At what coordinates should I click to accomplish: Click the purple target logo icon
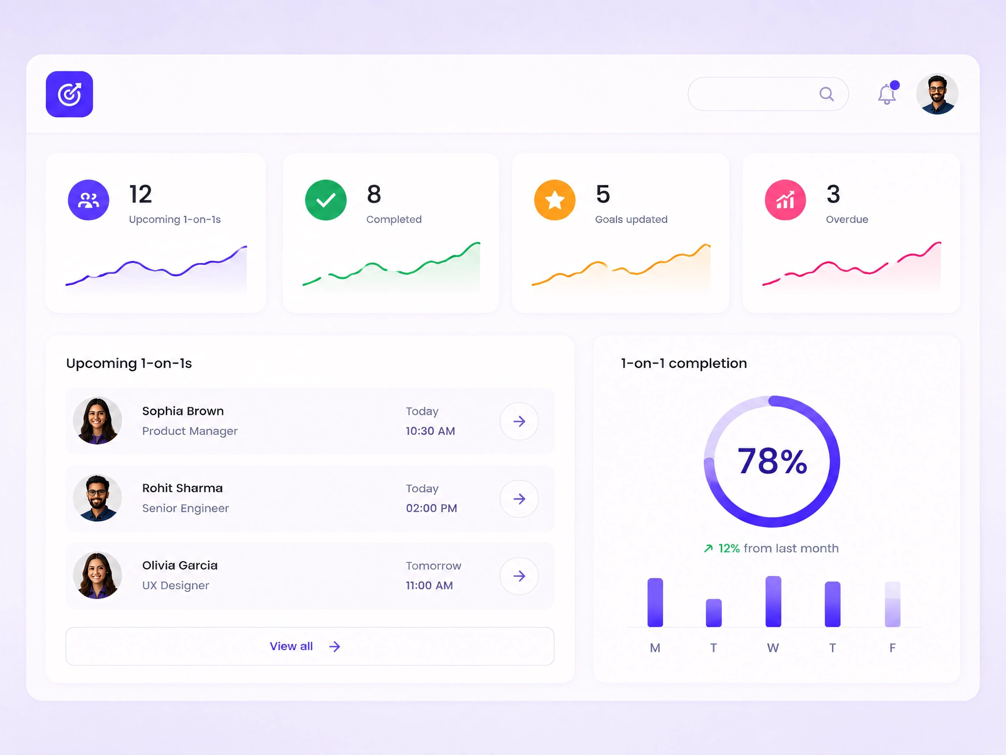[69, 94]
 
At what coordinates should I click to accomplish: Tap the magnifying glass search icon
[826, 94]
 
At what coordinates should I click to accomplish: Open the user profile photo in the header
[937, 94]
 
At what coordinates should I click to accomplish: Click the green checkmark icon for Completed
[325, 200]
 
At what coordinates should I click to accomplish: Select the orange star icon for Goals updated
[554, 200]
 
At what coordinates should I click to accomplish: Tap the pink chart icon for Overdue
[785, 200]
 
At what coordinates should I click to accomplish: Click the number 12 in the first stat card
[141, 194]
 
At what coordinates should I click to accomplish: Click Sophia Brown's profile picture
[97, 421]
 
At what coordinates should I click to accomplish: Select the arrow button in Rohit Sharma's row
[519, 499]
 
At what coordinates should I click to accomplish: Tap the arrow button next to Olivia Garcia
[519, 576]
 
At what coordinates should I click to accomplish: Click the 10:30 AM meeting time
[430, 431]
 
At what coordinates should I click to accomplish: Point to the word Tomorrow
[434, 566]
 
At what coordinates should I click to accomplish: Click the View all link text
[291, 646]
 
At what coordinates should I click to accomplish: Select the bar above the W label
[773, 602]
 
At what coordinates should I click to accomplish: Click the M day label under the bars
[655, 648]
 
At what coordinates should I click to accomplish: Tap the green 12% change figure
[729, 549]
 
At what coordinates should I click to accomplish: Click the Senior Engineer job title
[185, 508]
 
